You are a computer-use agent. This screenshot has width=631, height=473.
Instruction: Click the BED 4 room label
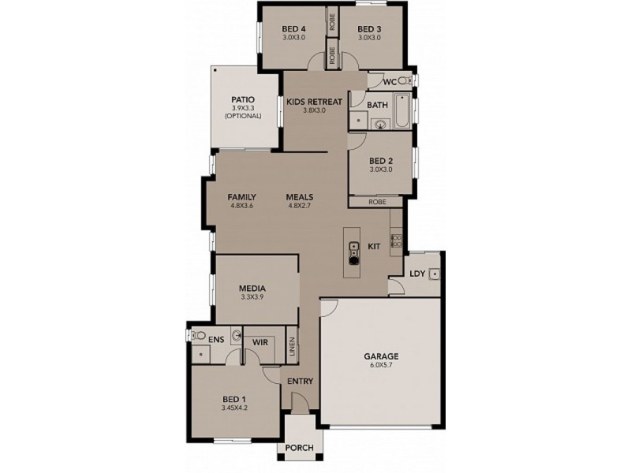[293, 30]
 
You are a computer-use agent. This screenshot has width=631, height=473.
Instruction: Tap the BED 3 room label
[369, 30]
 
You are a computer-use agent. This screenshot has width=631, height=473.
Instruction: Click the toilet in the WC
[405, 81]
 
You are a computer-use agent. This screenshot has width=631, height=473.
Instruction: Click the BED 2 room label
[381, 160]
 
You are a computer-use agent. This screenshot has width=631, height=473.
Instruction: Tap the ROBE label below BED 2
[380, 202]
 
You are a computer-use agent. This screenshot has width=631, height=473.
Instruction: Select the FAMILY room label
[241, 196]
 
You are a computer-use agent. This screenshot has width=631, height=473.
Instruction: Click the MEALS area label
[301, 196]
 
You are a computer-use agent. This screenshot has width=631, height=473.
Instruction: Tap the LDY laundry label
[417, 274]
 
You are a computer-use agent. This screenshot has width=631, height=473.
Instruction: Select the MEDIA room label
[252, 289]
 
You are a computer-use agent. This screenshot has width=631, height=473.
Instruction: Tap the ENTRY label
[301, 382]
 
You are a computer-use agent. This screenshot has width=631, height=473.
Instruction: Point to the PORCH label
[301, 449]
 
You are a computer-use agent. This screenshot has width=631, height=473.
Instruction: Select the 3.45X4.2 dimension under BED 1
[235, 408]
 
